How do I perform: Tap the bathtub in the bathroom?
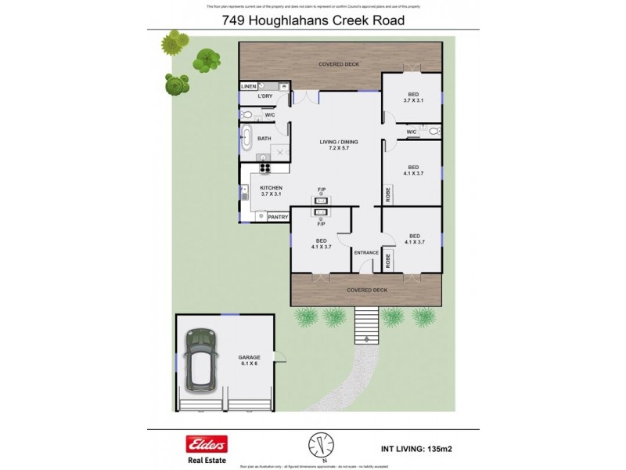[x=246, y=139]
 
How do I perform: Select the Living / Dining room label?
[x=338, y=145]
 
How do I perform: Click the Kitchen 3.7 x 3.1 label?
[x=272, y=191]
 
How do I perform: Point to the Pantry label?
[x=278, y=217]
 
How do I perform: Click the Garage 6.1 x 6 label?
[x=250, y=360]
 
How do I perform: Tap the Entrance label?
[x=366, y=252]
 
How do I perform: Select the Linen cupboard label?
[x=248, y=85]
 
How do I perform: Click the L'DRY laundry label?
[x=264, y=96]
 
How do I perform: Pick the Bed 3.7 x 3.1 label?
[x=413, y=97]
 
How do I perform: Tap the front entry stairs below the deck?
[x=365, y=322]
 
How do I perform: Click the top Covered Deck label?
[x=338, y=63]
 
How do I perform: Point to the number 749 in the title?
[x=235, y=20]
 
